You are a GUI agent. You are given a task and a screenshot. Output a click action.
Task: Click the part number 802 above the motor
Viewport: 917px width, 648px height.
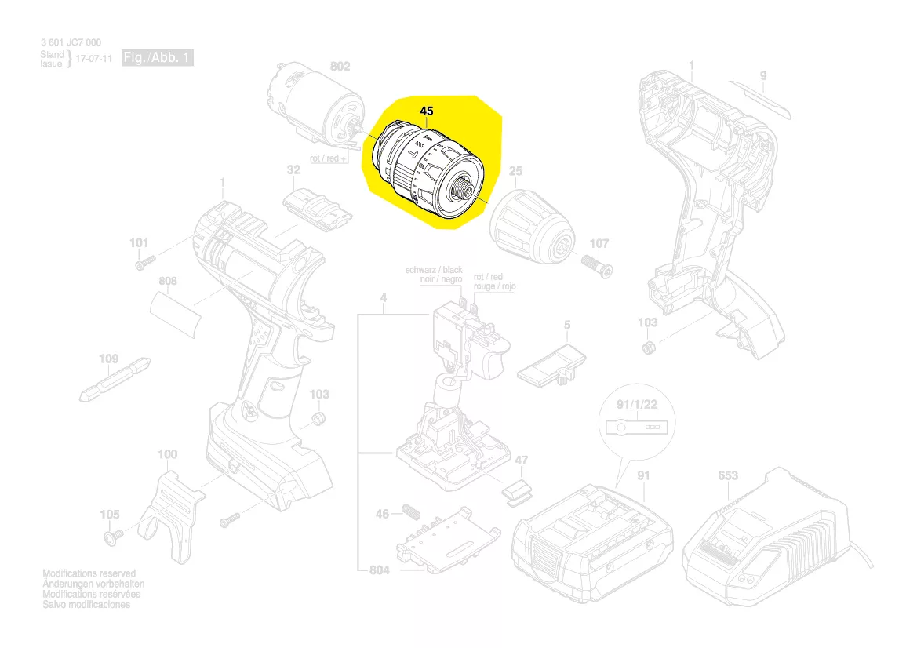pos(340,67)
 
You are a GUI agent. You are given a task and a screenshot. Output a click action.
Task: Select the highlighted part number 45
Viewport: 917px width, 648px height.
pos(426,111)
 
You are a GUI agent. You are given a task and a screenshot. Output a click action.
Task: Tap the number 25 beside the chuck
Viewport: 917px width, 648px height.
pos(515,172)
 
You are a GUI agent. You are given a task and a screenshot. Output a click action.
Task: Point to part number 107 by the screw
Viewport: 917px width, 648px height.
pos(599,244)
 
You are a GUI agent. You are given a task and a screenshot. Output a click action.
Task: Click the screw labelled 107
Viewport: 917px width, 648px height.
pos(599,266)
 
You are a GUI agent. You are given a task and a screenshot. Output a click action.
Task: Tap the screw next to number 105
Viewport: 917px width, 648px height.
pos(111,537)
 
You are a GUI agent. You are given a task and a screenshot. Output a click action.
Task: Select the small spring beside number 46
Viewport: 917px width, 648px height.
pos(408,514)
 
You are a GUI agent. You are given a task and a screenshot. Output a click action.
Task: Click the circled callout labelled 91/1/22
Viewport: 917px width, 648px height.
pos(636,427)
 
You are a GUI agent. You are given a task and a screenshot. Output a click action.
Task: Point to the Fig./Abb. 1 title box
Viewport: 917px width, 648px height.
pos(157,58)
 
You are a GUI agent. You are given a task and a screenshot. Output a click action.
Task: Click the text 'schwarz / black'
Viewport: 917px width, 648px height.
pos(434,270)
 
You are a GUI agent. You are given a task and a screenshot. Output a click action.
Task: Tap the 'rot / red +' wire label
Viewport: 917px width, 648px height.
pos(329,158)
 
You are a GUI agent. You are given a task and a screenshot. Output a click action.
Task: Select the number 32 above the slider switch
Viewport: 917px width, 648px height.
pos(293,170)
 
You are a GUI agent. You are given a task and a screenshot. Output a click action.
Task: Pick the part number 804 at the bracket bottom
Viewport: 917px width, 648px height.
pos(379,570)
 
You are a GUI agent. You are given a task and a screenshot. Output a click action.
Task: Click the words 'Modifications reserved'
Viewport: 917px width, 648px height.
pos(89,574)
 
